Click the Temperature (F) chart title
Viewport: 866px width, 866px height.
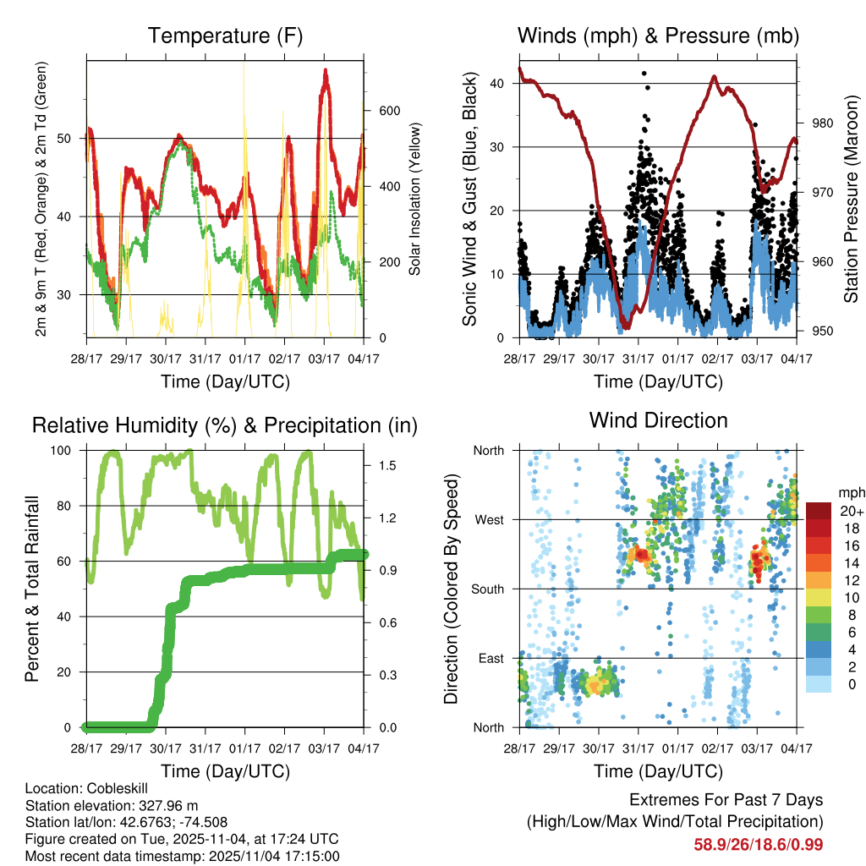(225, 36)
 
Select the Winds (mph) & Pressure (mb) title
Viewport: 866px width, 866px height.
(658, 36)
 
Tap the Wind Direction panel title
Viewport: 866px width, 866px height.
(658, 419)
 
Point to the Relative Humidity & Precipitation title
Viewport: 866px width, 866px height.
(225, 425)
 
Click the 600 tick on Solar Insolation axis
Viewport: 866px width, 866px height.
(389, 111)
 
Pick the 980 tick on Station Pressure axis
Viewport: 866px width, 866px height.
(823, 123)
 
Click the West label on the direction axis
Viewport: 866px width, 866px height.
(489, 519)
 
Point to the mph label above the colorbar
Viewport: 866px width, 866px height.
(849, 492)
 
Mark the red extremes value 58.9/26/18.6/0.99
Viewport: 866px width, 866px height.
(759, 844)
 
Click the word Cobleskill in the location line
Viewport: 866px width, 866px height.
(111, 788)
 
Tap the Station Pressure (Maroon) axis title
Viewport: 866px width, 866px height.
(851, 199)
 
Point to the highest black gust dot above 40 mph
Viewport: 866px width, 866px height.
(644, 74)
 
